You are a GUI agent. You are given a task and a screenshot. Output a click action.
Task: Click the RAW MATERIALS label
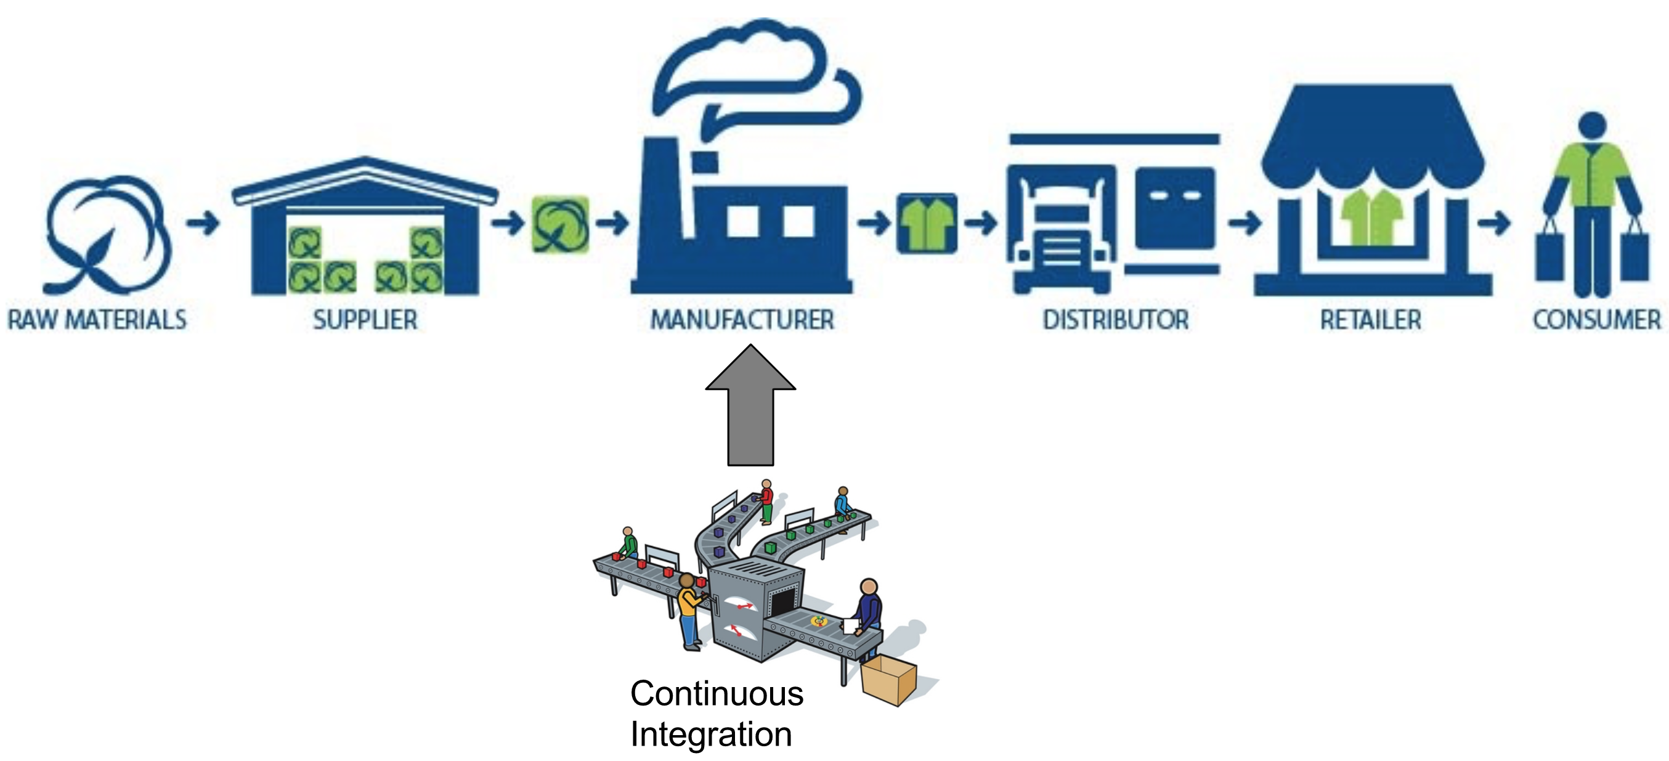97,320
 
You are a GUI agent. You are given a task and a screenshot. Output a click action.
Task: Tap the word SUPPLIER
365,320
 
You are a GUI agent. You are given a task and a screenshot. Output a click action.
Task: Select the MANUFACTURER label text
742,320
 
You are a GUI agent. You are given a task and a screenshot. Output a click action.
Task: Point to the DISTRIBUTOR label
1115,320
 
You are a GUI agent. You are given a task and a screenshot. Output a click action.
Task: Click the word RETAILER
1370,320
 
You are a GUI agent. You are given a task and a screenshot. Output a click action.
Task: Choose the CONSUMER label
1596,320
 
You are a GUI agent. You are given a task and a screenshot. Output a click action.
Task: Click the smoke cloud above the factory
752,71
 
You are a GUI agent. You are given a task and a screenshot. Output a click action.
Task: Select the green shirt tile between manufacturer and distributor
927,224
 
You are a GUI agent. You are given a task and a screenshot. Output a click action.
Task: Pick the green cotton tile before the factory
561,224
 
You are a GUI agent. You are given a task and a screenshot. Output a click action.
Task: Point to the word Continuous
717,694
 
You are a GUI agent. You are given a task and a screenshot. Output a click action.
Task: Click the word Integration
711,735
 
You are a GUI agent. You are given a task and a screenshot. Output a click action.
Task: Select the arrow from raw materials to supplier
203,224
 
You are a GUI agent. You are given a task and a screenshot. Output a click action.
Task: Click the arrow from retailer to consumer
1493,224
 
